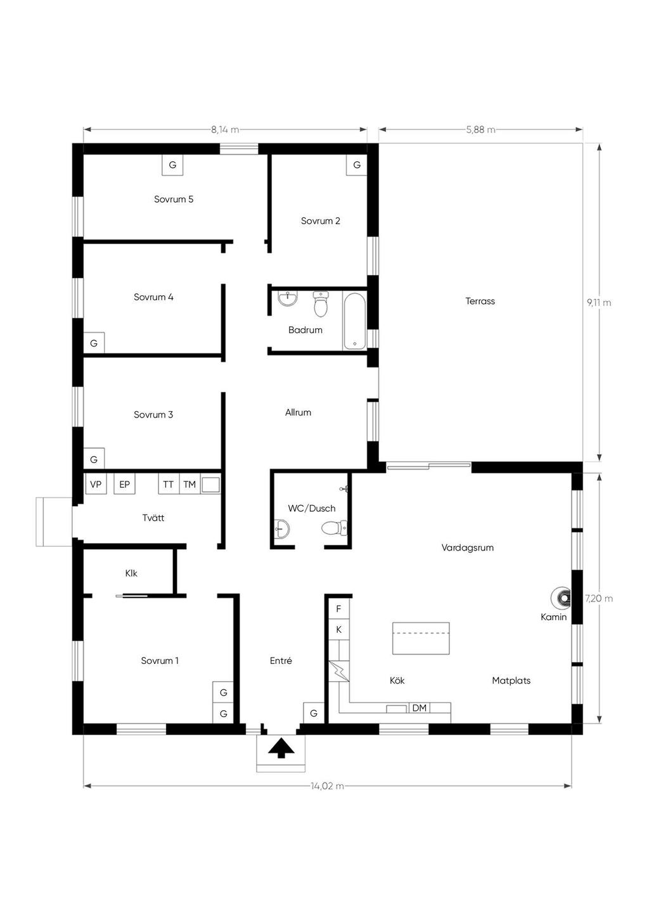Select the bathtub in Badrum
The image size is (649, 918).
coord(355,321)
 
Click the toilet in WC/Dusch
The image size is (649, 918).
coord(334,527)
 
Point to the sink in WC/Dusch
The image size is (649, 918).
coord(281,527)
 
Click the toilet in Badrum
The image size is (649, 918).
coord(321,305)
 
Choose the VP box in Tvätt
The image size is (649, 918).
coord(96,485)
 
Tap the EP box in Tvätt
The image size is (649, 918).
coord(124,485)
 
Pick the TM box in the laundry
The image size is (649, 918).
coord(190,485)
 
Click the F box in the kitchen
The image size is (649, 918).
coord(339,609)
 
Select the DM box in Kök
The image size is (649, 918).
coord(420,708)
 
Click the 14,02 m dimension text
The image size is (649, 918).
coord(327,786)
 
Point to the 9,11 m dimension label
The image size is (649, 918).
coord(599,303)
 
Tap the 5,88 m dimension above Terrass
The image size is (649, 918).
coord(480,130)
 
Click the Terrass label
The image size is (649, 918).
coord(480,302)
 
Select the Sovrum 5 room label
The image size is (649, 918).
coord(174,200)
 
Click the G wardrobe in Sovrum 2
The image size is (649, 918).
coord(357,165)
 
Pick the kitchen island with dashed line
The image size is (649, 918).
coord(421,638)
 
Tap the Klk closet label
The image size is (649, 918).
coord(131,573)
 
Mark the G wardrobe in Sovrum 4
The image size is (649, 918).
coord(94,343)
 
